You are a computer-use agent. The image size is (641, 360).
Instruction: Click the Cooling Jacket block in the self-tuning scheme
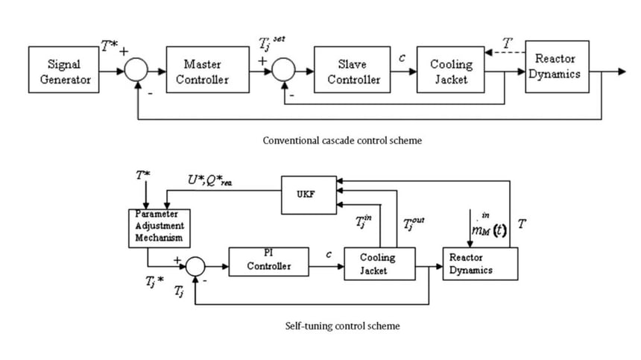pos(379,263)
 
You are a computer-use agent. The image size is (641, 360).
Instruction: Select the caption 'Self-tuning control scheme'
pos(342,326)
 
